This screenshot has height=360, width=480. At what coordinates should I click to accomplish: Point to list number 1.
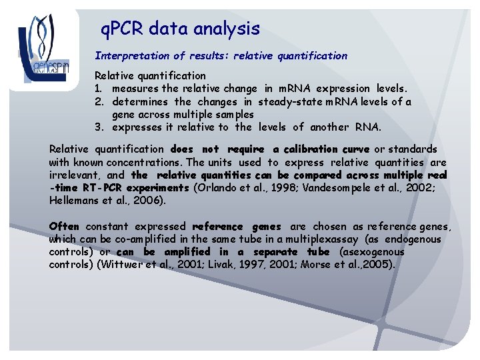98,89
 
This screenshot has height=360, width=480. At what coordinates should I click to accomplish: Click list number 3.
98,127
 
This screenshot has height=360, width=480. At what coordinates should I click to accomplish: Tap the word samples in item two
233,115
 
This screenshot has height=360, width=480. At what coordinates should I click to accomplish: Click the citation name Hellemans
75,201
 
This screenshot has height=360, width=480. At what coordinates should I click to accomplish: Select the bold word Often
64,227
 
